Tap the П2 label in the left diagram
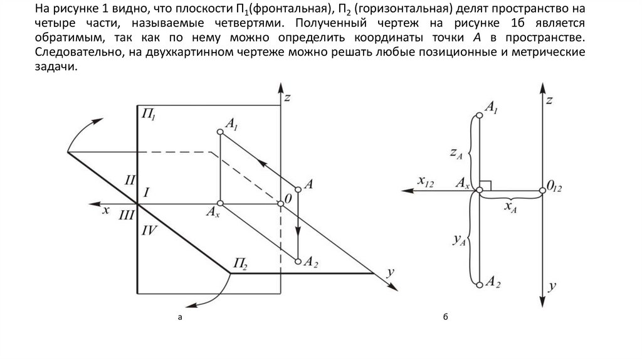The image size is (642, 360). click(241, 262)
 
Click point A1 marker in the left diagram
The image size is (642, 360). click(220, 132)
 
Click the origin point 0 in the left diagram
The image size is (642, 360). click(280, 203)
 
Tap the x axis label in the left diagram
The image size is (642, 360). click(106, 210)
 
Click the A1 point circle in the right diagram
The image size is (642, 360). click(480, 115)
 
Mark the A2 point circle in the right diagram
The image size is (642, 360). click(480, 285)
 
